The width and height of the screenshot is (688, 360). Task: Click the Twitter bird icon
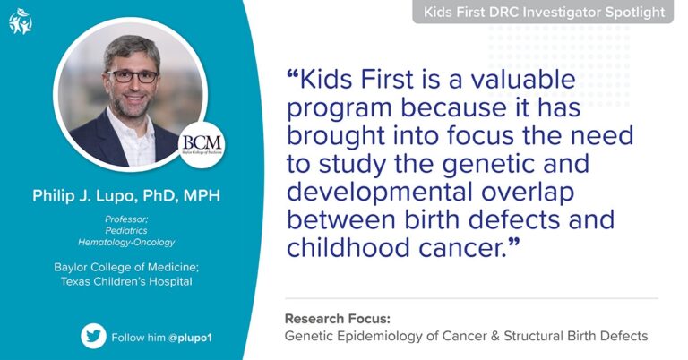pyautogui.click(x=93, y=336)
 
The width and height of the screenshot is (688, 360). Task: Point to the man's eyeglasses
pyautogui.click(x=133, y=76)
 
